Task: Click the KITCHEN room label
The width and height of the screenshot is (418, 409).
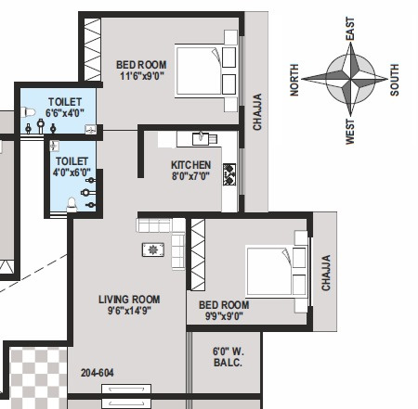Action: (x=190, y=164)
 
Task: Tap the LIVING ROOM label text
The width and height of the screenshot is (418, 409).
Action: (x=129, y=300)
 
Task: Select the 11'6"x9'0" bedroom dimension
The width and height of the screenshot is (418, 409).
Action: (x=141, y=76)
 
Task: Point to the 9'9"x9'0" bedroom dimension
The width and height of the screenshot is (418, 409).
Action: (x=224, y=316)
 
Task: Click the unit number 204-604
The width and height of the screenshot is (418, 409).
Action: (x=97, y=373)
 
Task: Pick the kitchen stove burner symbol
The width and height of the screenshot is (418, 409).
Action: (x=229, y=174)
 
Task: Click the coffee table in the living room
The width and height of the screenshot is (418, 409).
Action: (x=153, y=249)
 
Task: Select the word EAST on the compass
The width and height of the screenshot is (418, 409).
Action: (x=350, y=29)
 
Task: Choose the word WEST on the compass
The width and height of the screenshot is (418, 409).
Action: (x=350, y=132)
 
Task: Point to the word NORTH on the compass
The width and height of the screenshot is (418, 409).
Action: (x=294, y=80)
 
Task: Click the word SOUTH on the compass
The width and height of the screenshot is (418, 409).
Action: (x=395, y=80)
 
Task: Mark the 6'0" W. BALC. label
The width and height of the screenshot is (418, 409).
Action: (x=229, y=357)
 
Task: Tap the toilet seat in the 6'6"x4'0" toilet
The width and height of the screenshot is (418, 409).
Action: (x=28, y=112)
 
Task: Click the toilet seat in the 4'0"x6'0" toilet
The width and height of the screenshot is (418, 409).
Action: (x=72, y=204)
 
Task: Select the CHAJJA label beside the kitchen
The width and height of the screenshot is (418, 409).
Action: (x=257, y=112)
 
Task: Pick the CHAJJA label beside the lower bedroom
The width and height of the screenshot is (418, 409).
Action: (x=326, y=273)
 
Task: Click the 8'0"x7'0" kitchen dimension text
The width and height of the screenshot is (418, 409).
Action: (x=190, y=176)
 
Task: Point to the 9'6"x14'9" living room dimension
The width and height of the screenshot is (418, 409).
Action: (x=129, y=311)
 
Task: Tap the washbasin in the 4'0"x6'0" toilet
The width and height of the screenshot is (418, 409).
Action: (x=55, y=146)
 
